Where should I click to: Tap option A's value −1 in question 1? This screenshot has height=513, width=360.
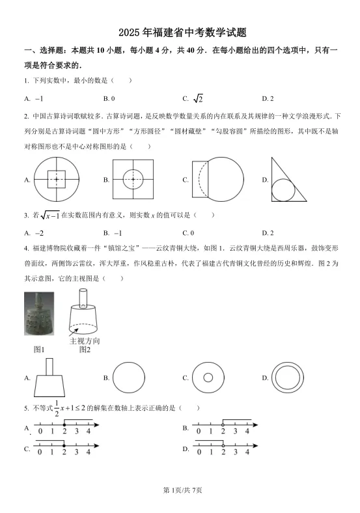pos(38,98)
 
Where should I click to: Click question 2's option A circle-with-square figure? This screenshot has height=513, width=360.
pos(57,179)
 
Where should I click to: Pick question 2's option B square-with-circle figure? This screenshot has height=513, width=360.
pos(133,178)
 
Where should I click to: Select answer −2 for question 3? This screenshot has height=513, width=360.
pos(39,232)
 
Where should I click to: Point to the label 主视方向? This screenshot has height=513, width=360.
pos(85,340)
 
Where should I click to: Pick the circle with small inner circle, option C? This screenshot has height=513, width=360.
pos(208,378)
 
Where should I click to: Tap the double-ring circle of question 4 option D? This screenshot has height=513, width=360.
pos(287,378)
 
